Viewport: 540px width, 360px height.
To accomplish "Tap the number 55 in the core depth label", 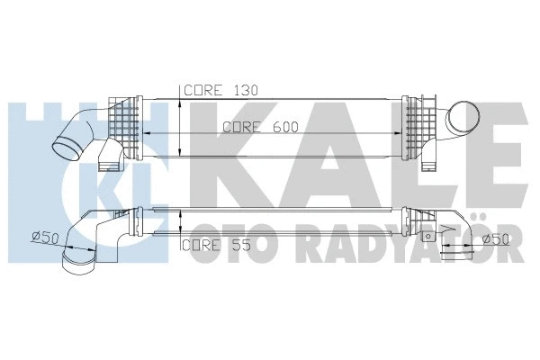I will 237,244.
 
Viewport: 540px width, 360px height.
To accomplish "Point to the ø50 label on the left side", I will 46,237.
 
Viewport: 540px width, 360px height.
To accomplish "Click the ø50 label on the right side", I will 496,239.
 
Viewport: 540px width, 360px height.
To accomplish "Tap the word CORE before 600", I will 242,127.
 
